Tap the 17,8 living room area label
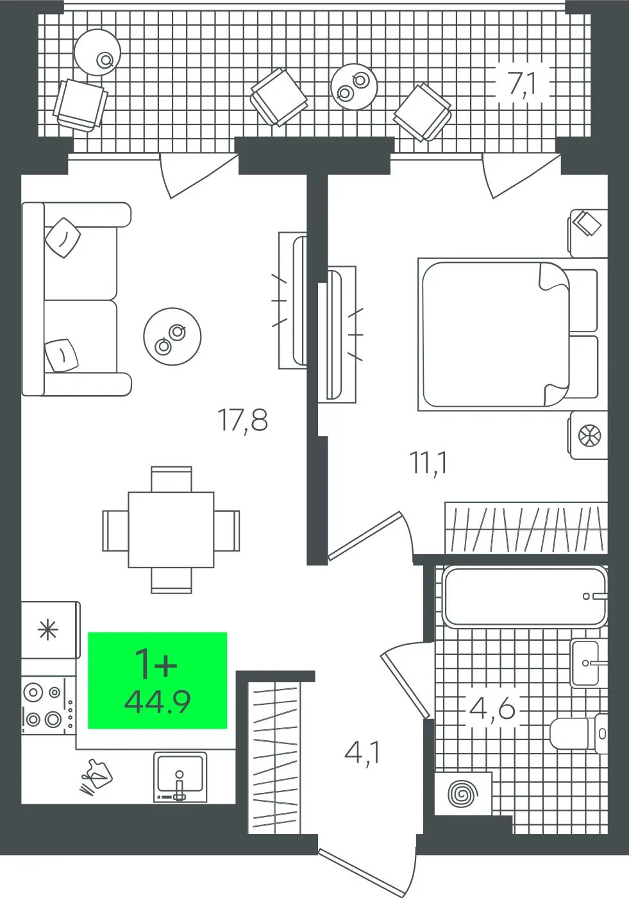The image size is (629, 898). point(242,420)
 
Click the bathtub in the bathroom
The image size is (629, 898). point(524,596)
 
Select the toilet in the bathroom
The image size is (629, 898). point(579,733)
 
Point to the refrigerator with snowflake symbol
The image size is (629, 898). point(51,630)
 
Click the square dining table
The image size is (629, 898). point(171,530)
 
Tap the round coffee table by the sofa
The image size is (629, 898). point(172,336)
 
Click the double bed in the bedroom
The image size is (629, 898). point(513,334)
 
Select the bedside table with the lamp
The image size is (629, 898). point(588,435)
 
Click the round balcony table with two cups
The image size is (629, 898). point(354,86)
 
